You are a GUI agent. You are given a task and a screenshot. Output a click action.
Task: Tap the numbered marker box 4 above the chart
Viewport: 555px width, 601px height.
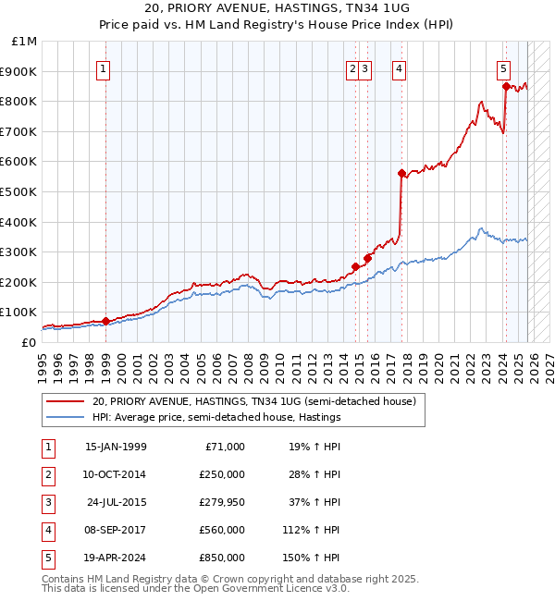tap(399, 67)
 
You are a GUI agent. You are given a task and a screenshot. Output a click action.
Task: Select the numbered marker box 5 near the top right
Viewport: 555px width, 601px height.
tap(503, 67)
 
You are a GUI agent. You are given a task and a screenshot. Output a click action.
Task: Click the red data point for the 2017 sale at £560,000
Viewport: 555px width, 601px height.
tap(401, 173)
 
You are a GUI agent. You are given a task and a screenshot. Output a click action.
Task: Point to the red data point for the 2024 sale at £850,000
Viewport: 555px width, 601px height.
tap(506, 86)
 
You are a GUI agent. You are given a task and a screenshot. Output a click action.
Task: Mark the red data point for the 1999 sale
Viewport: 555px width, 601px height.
tap(105, 321)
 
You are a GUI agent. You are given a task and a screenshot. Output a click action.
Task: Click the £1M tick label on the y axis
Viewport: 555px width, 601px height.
tap(24, 42)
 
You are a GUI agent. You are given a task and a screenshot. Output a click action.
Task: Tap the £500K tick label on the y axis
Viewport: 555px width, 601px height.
tap(19, 191)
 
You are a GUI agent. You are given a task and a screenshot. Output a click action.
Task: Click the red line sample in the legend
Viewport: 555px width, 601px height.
tap(65, 402)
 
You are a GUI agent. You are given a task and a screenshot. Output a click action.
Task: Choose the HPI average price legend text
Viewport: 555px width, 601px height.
tap(216, 417)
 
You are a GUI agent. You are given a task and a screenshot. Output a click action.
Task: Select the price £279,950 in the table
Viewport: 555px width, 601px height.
tap(222, 503)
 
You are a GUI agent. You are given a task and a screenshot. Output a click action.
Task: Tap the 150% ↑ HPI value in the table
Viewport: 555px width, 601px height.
tap(314, 558)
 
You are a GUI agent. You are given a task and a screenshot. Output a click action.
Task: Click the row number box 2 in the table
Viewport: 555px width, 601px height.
tap(47, 475)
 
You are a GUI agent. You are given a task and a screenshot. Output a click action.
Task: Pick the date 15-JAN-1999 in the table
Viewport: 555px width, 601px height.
tap(116, 447)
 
